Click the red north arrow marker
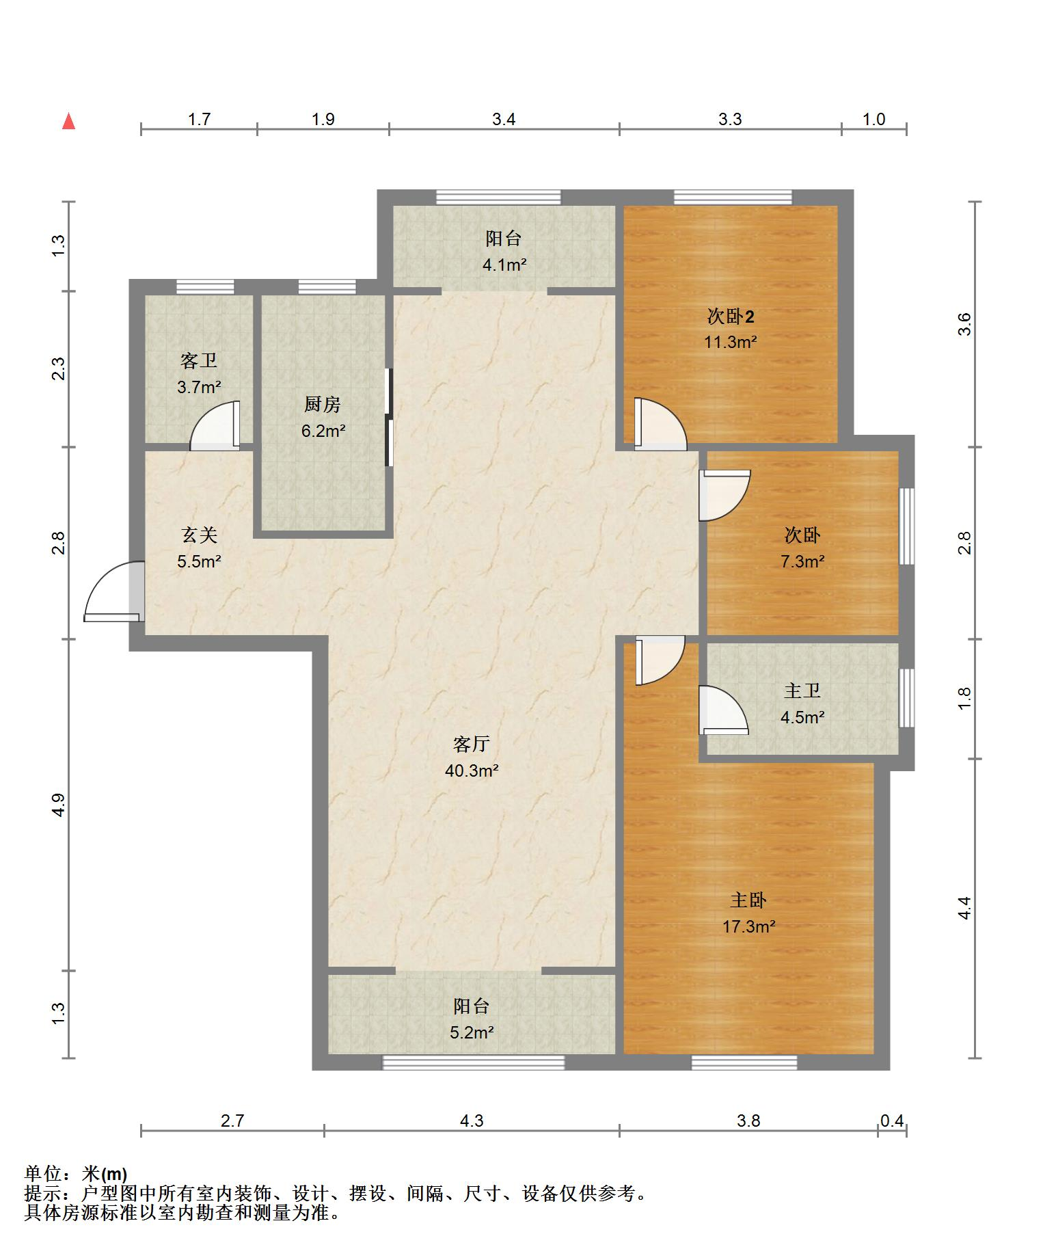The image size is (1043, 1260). point(68,121)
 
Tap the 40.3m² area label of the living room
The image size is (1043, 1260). point(471,770)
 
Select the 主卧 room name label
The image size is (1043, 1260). point(748,900)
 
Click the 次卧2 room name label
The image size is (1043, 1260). point(731,317)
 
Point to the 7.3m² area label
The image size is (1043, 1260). point(802,561)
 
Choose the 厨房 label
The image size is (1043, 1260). point(323,405)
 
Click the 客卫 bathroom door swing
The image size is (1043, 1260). point(215,425)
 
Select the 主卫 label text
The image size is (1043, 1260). point(802,691)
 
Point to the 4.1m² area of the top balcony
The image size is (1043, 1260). point(504,265)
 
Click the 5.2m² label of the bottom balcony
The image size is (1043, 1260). point(472,1032)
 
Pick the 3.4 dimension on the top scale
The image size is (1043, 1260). point(504,119)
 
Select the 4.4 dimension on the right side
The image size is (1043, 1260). point(964,907)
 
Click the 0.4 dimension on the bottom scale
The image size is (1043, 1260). point(892,1121)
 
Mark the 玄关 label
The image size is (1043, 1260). point(199,535)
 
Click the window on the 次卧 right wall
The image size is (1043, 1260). point(906,526)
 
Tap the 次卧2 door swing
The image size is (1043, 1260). point(660,424)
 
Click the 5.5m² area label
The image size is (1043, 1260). point(199,561)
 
